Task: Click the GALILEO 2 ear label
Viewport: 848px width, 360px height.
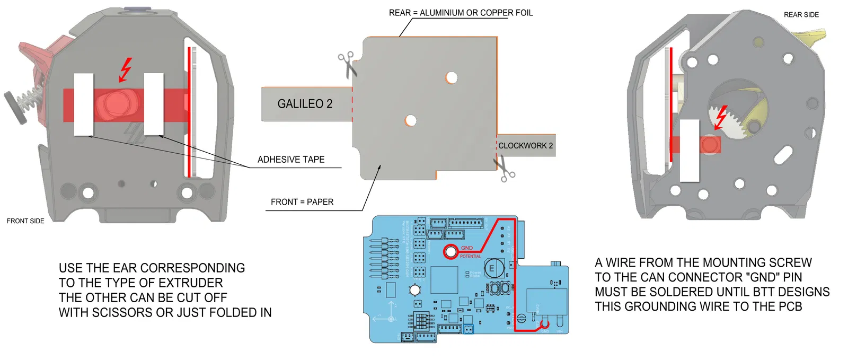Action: (305, 104)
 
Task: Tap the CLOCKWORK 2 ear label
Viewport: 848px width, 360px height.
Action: (525, 146)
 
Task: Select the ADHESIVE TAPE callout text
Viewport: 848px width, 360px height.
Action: (291, 160)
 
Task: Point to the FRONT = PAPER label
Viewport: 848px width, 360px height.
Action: (302, 202)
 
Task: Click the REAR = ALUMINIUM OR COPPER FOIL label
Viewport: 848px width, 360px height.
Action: (461, 13)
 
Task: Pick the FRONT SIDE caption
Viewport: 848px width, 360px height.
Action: (25, 221)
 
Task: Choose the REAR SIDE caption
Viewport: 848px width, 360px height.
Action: (801, 15)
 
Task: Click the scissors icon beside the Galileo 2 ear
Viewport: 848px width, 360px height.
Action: (347, 64)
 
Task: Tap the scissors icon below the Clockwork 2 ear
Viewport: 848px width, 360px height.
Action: (504, 169)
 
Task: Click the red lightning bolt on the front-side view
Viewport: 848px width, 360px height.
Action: (125, 69)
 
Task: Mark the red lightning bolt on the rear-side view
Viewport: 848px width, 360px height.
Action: (720, 117)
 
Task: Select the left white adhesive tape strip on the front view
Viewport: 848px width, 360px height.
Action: (84, 104)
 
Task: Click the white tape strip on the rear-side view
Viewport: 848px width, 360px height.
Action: (690, 151)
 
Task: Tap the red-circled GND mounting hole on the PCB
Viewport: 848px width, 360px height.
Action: (450, 251)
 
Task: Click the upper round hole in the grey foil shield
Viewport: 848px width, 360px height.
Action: (452, 78)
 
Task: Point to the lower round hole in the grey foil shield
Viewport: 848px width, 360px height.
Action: (411, 120)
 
